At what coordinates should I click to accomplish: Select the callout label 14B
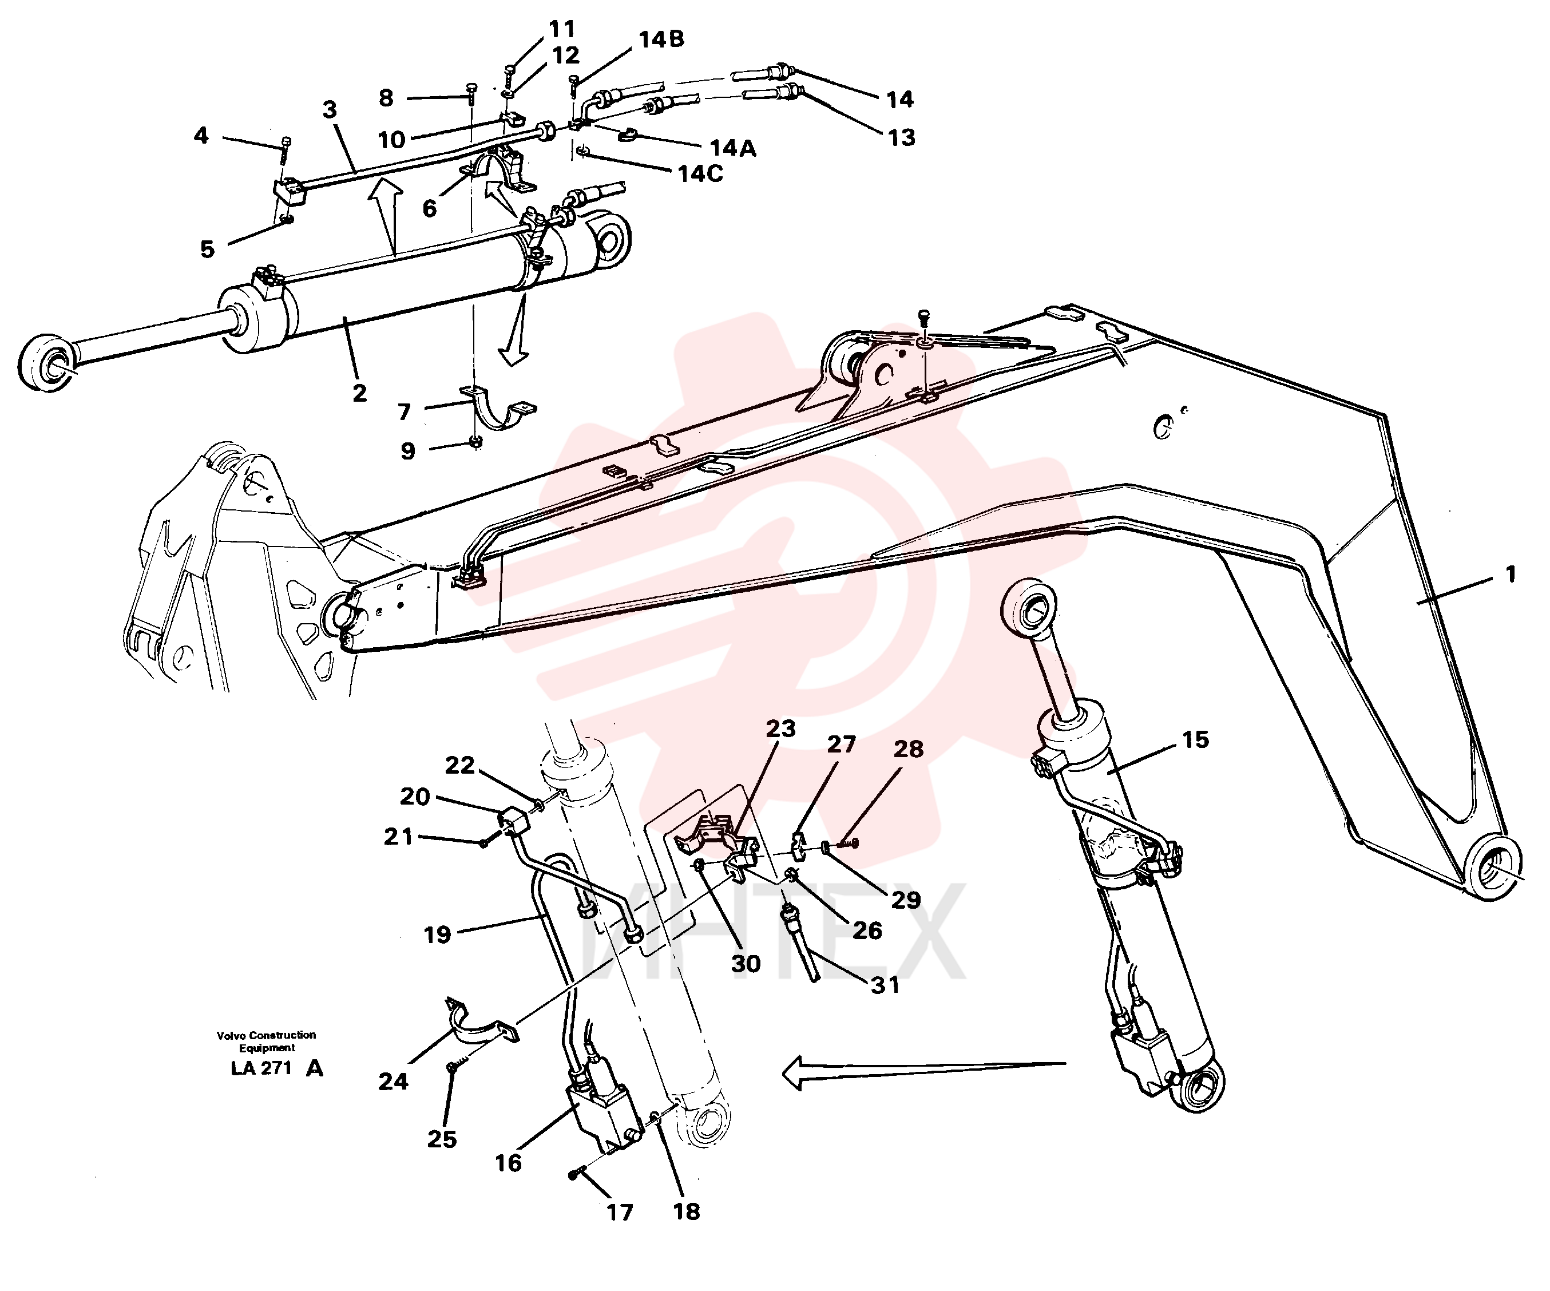point(661,39)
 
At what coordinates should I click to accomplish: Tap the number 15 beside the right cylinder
point(1196,739)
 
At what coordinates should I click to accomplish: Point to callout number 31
point(885,985)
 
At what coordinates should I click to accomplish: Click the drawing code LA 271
point(261,1068)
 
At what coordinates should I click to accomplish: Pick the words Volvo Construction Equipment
point(267,1041)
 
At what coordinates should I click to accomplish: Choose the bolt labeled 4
point(286,151)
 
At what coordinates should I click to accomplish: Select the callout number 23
point(780,728)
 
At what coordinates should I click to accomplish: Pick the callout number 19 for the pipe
point(437,935)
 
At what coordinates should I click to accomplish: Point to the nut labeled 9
point(476,442)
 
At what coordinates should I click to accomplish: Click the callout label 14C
point(700,174)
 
